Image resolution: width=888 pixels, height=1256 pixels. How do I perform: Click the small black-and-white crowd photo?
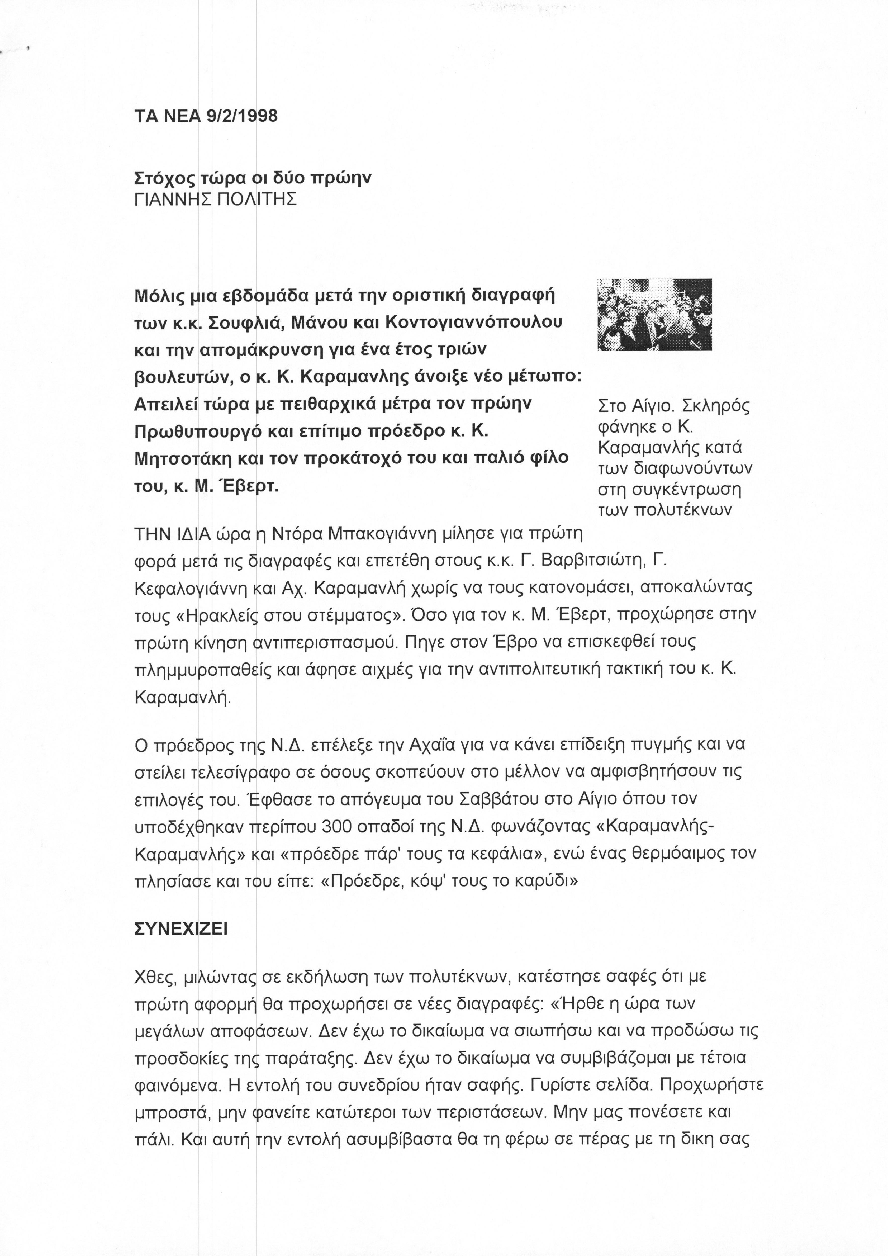654,315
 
